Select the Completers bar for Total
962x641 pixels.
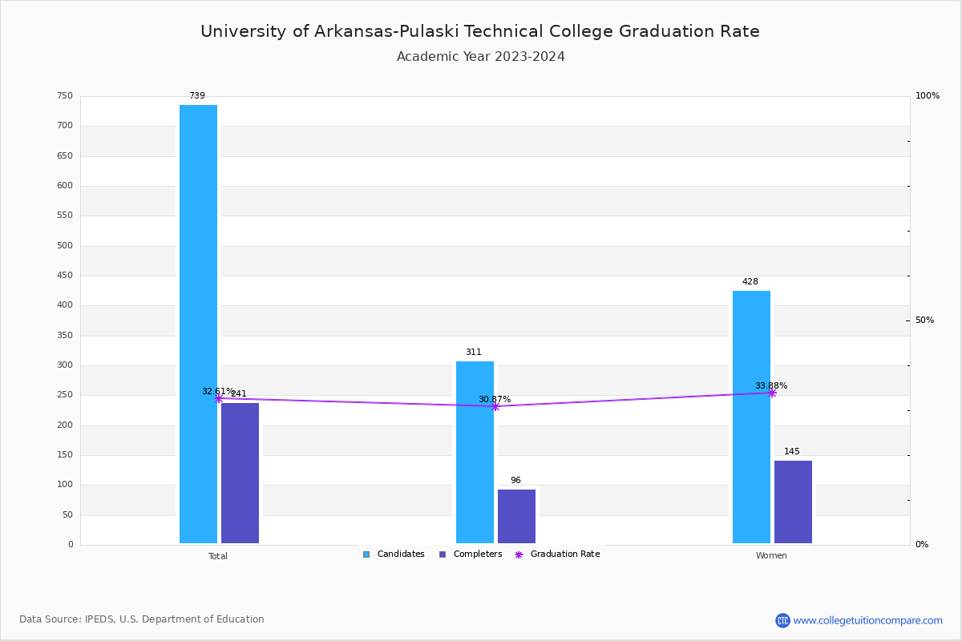pos(240,473)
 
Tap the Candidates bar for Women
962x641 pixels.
pos(751,417)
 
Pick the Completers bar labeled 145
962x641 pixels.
pos(793,502)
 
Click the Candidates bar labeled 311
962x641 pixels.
pos(475,452)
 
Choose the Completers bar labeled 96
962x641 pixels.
pos(516,516)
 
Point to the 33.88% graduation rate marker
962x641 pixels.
pos(772,393)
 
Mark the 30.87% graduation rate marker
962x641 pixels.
pos(495,406)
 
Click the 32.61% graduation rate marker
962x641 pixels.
pos(219,398)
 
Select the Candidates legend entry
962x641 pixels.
pos(394,554)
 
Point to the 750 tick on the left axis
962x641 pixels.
pos(64,96)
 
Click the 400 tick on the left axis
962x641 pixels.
pos(64,305)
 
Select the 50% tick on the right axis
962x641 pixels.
pos(924,320)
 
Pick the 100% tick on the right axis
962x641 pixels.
pos(928,96)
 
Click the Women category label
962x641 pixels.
pos(771,556)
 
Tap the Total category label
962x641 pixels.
pos(218,556)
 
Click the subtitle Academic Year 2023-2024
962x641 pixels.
pos(481,57)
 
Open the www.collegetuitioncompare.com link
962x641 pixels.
pos(867,620)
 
